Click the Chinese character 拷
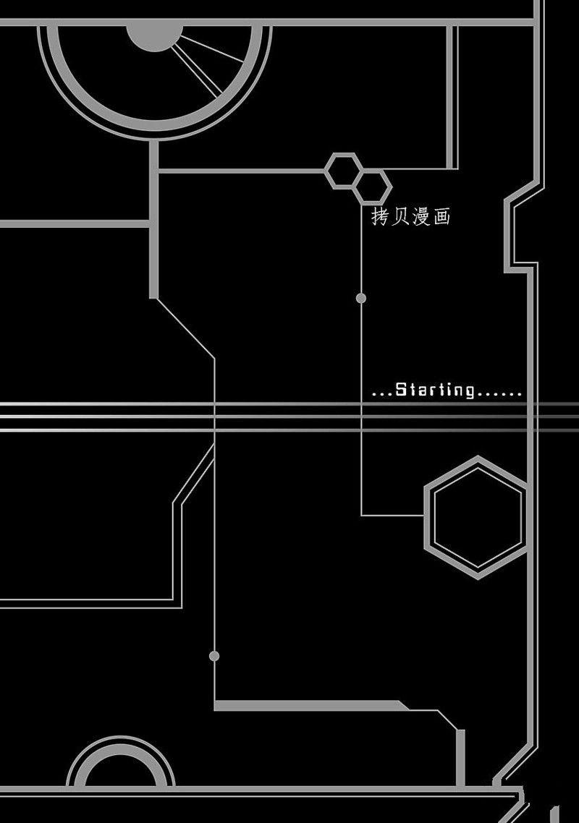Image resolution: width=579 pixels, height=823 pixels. (x=379, y=216)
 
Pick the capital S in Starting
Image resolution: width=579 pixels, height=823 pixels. (x=401, y=390)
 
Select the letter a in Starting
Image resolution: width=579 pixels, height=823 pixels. (x=425, y=391)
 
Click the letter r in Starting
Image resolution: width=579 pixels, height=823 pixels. (x=437, y=391)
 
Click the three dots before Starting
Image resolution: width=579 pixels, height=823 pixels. (x=382, y=394)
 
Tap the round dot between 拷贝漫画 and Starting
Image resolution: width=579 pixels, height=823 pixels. (x=361, y=298)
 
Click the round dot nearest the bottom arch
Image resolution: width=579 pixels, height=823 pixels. (x=214, y=655)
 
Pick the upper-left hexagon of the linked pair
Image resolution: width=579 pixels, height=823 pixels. (x=326, y=171)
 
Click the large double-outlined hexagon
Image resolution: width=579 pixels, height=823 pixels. (x=426, y=517)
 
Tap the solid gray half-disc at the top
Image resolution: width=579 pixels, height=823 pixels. (x=154, y=38)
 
